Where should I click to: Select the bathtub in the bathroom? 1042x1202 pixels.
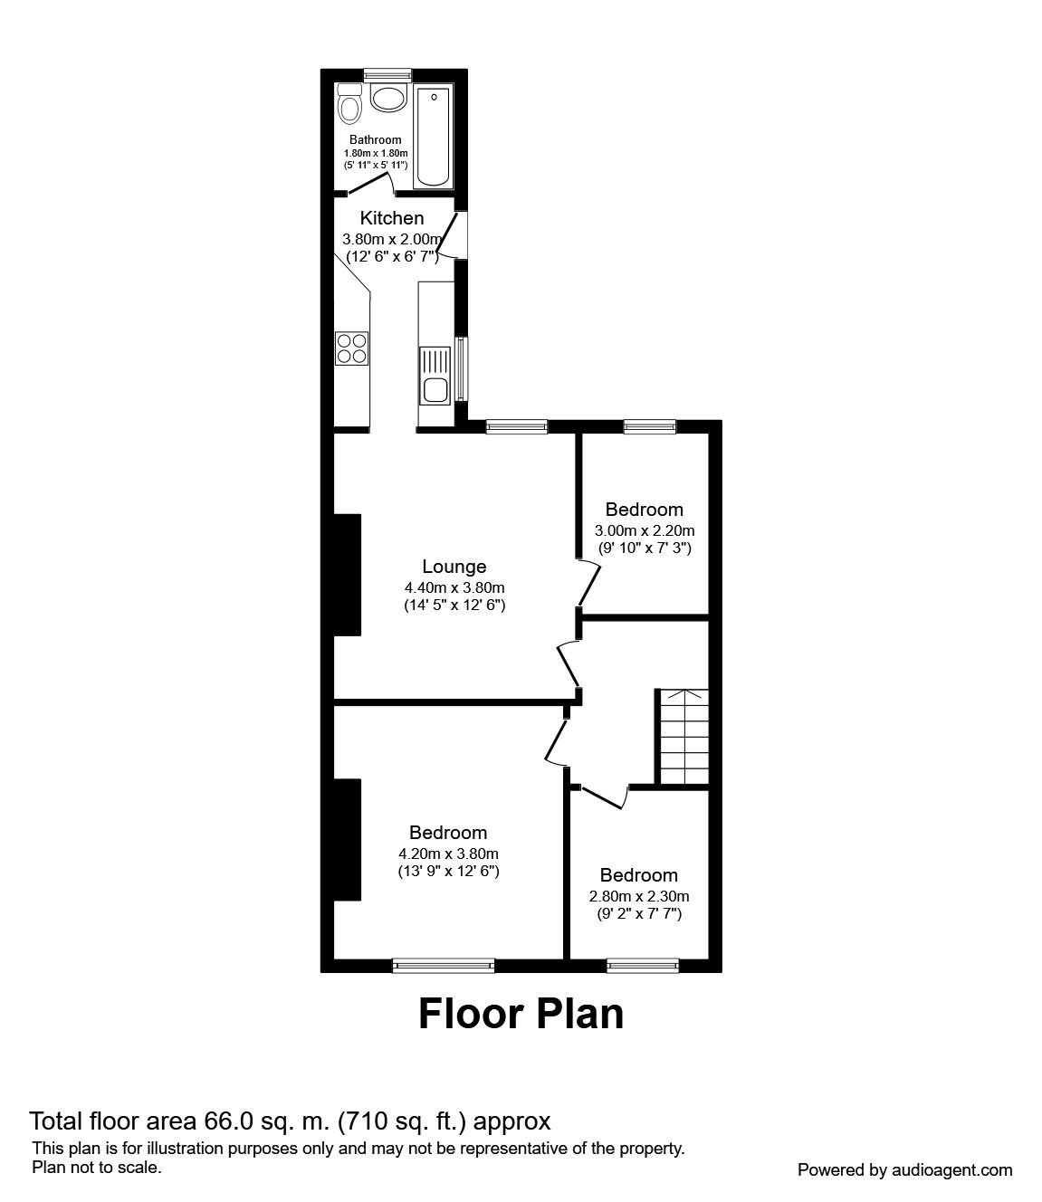pyautogui.click(x=434, y=138)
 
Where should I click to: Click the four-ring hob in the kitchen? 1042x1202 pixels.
pyautogui.click(x=351, y=348)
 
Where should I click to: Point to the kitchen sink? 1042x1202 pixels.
pyautogui.click(x=435, y=376)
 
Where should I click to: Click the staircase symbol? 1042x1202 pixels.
pyautogui.click(x=683, y=737)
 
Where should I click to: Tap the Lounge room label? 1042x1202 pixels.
pyautogui.click(x=454, y=567)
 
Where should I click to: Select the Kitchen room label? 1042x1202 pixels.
pyautogui.click(x=392, y=218)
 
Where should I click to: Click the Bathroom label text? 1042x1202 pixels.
pyautogui.click(x=376, y=139)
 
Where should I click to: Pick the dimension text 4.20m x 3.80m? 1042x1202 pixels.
pyautogui.click(x=448, y=854)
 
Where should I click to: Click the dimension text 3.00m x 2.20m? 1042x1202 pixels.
pyautogui.click(x=645, y=530)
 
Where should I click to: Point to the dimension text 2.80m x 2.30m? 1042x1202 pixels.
pyautogui.click(x=639, y=896)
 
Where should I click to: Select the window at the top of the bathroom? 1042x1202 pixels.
pyautogui.click(x=388, y=74)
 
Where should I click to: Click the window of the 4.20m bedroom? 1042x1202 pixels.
pyautogui.click(x=444, y=966)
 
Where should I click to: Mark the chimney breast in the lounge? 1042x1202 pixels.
pyautogui.click(x=348, y=575)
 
